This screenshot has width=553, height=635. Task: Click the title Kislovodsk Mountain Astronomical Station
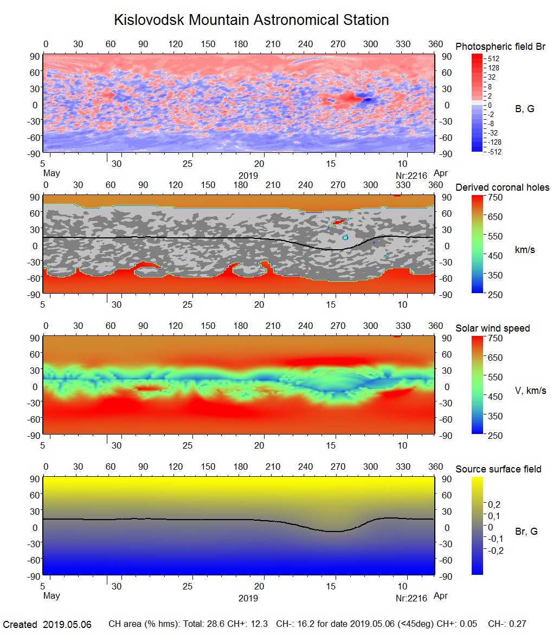pyautogui.click(x=251, y=20)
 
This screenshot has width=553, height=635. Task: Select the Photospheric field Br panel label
pyautogui.click(x=500, y=47)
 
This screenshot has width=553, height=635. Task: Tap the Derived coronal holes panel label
pyautogui.click(x=502, y=187)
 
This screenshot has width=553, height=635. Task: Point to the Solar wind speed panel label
pyautogui.click(x=493, y=328)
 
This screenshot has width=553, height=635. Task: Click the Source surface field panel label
pyautogui.click(x=498, y=469)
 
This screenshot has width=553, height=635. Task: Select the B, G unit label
pyautogui.click(x=524, y=109)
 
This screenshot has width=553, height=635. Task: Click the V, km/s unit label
pyautogui.click(x=530, y=391)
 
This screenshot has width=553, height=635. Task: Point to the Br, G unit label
pyautogui.click(x=526, y=532)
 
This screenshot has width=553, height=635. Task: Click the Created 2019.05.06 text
pyautogui.click(x=47, y=625)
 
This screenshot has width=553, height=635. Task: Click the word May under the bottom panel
pyautogui.click(x=51, y=596)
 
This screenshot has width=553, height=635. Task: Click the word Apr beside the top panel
pyautogui.click(x=441, y=173)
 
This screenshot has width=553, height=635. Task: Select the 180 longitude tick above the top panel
pyautogui.click(x=240, y=44)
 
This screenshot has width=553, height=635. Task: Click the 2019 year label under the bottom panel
pyautogui.click(x=248, y=598)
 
